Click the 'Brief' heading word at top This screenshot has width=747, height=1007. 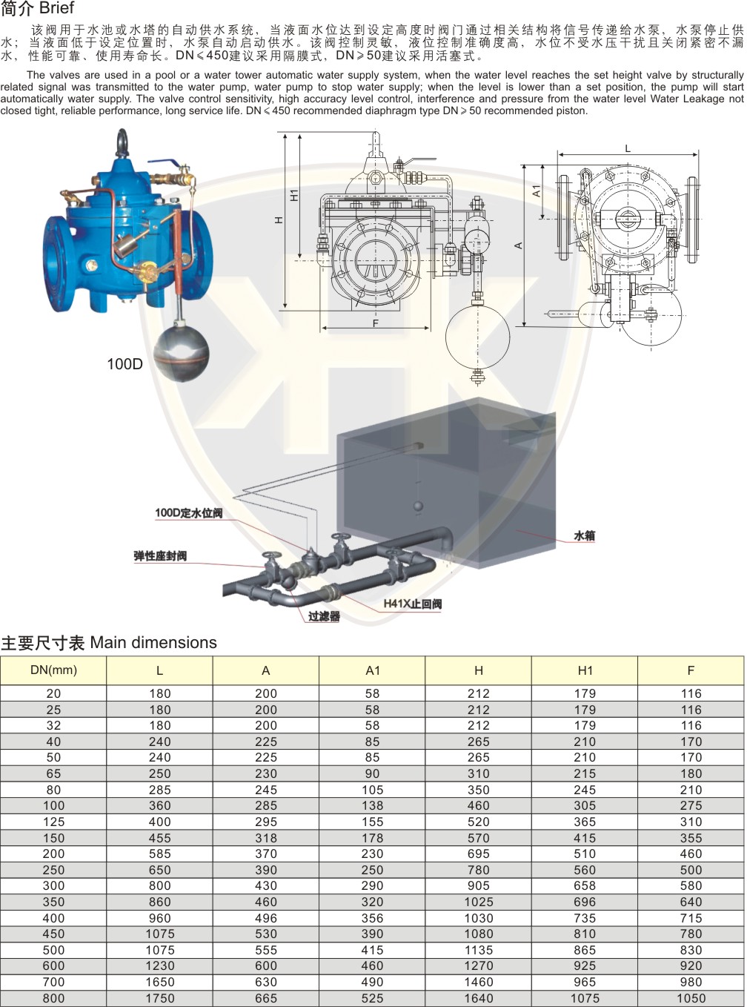(x=57, y=8)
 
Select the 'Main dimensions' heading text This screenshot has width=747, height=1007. (x=153, y=643)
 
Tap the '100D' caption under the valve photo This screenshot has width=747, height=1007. (x=124, y=364)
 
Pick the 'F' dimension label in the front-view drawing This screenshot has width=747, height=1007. (x=376, y=323)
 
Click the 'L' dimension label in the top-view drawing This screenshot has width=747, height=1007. (x=628, y=148)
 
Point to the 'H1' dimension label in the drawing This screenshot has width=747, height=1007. (x=294, y=195)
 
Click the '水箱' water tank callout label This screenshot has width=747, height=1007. (x=585, y=535)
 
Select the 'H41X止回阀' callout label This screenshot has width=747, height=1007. (x=412, y=604)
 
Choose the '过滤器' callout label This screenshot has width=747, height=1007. (x=324, y=616)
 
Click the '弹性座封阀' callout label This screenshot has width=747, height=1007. (x=160, y=556)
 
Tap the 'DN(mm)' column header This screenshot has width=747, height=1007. (x=53, y=670)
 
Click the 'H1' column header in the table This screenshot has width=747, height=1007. (x=585, y=670)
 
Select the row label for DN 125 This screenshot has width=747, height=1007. (x=53, y=822)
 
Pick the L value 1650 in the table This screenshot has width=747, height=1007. (x=160, y=982)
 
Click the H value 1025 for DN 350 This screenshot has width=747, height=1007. (x=478, y=902)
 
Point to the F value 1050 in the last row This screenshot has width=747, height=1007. (x=691, y=998)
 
